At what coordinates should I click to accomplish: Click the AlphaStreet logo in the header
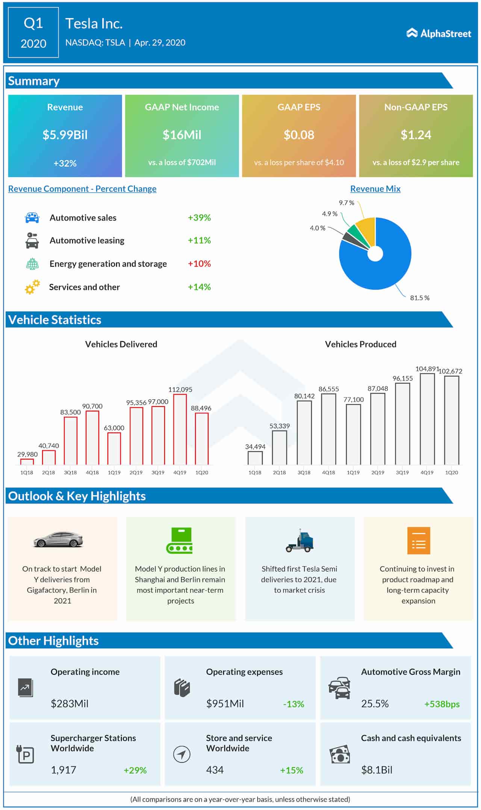439,33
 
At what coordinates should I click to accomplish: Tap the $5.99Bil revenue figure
65,135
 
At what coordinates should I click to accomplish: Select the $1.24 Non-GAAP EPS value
416,135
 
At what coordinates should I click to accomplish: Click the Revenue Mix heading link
375,189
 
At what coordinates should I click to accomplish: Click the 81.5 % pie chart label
419,298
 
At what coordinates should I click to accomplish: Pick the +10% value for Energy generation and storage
199,264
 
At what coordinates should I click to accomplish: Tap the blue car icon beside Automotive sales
32,218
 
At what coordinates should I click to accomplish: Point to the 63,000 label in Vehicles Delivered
114,428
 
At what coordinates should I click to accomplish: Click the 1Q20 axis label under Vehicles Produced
451,472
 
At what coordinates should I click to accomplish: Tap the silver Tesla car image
59,539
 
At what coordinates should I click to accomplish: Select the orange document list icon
418,541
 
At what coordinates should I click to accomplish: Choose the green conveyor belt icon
180,541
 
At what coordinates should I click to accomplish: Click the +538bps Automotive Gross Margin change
442,704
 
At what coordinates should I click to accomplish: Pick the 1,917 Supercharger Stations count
64,770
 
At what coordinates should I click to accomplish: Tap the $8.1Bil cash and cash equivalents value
377,770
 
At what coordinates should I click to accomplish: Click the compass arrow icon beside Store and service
182,754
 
